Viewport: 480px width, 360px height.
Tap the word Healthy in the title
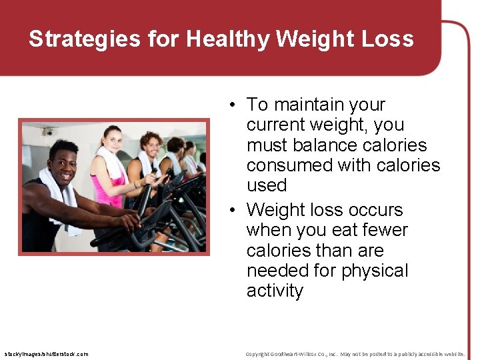click(x=227, y=39)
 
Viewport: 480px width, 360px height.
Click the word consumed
click(x=291, y=165)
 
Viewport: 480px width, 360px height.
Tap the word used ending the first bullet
click(x=267, y=185)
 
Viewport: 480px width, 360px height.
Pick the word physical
click(x=375, y=271)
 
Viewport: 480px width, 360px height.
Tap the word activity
click(x=275, y=291)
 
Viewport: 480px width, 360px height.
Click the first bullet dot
click(x=230, y=105)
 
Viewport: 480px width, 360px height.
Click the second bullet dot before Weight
click(x=230, y=211)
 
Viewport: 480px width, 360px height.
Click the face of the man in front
click(x=64, y=163)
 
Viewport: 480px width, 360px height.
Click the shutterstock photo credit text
click(x=46, y=354)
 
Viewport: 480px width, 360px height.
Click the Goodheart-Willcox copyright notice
click(x=355, y=354)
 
